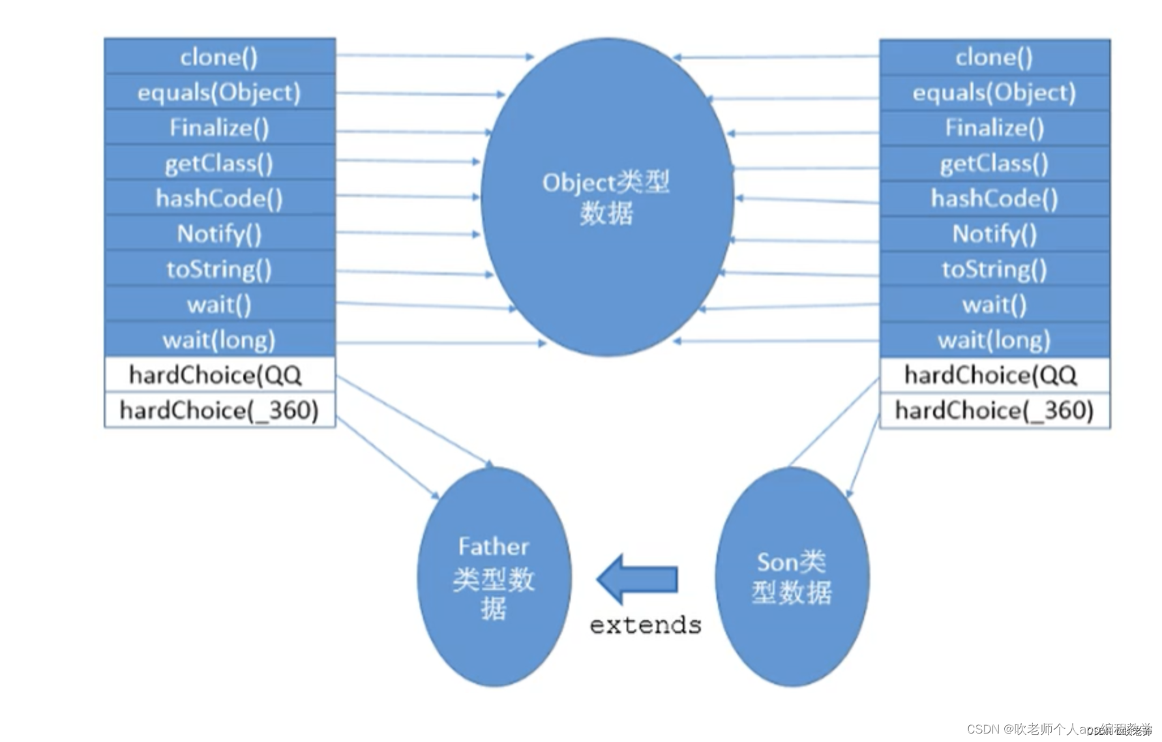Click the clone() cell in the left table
219,57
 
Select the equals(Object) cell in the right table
994,93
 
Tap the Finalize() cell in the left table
219,128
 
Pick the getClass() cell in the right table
994,164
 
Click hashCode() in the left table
219,198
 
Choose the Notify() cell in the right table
994,234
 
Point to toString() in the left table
219,269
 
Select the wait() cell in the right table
994,304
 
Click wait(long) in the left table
219,340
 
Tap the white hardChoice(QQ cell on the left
219,375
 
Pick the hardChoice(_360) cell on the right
994,411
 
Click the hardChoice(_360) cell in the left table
219,411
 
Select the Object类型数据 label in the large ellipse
606,198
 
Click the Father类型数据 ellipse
494,577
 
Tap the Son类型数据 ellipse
792,577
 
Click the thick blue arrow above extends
638,579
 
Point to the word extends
646,625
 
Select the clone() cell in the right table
994,57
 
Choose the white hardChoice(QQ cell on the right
994,375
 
